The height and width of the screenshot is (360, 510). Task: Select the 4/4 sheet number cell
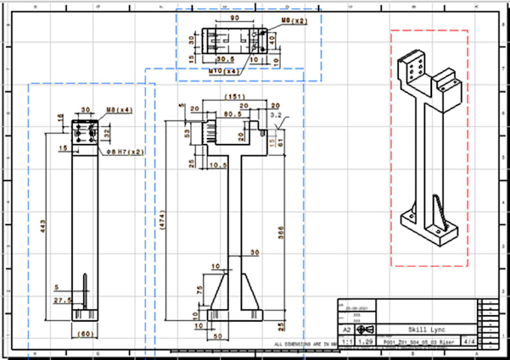pos(470,341)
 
